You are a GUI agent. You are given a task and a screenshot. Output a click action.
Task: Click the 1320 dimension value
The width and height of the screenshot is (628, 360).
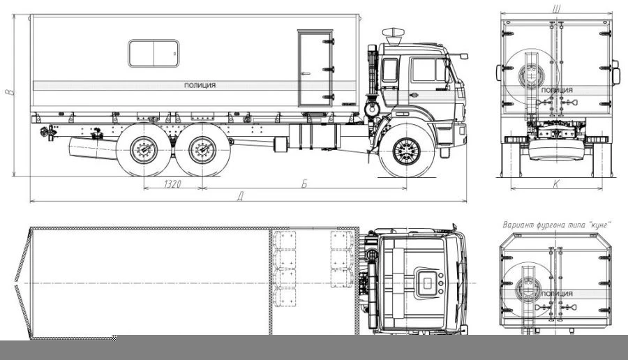coord(172,183)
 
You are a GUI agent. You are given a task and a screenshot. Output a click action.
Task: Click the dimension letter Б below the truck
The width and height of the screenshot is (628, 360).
coord(304,183)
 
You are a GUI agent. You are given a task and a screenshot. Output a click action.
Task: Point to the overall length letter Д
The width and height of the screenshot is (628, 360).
coord(240,196)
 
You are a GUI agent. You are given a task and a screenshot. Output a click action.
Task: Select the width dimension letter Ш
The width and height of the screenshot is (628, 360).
coord(556,9)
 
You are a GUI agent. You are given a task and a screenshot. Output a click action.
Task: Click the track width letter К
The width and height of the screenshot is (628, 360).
coord(556,183)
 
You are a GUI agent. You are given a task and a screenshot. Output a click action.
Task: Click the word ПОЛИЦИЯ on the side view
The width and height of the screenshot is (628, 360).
coord(200,85)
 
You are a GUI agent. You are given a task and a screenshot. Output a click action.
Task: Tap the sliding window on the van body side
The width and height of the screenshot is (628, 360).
coord(154,53)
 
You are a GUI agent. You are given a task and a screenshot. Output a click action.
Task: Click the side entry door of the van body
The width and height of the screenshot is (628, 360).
coord(315,68)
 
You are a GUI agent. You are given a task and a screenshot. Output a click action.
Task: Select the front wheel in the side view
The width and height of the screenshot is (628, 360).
coord(407,151)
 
